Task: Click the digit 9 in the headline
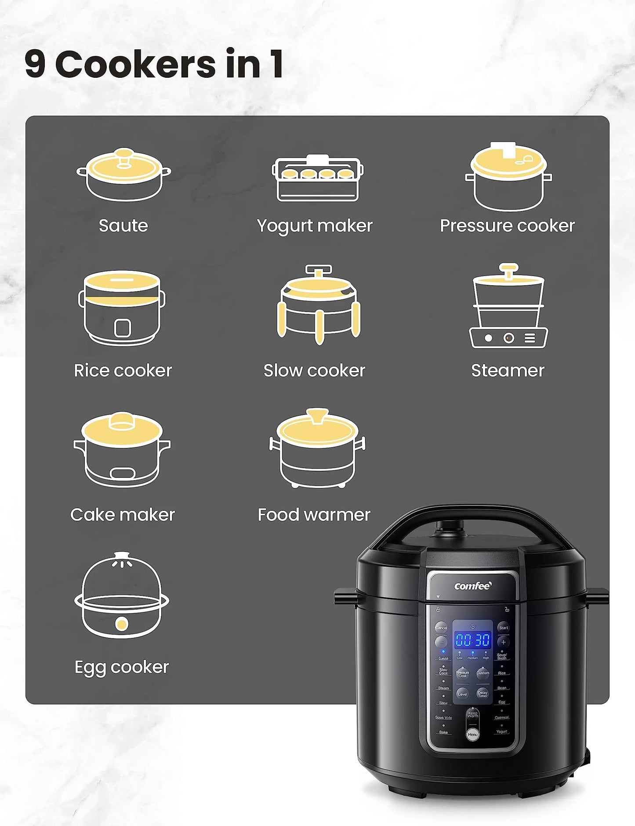pos(35,64)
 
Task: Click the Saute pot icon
pos(124,175)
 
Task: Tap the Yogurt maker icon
pos(318,178)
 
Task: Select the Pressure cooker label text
pos(507,226)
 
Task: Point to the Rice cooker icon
pos(122,308)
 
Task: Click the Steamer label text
pos(508,371)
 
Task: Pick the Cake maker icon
pos(122,449)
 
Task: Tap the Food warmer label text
pos(314,515)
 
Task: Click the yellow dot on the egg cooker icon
pos(122,624)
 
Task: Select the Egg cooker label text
pos(122,667)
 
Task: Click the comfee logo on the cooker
pos(472,586)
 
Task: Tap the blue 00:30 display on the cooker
pos(472,640)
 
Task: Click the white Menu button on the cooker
pos(472,735)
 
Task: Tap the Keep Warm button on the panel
pos(472,714)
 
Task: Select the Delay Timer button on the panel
pos(483,694)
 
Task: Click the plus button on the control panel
pos(504,642)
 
